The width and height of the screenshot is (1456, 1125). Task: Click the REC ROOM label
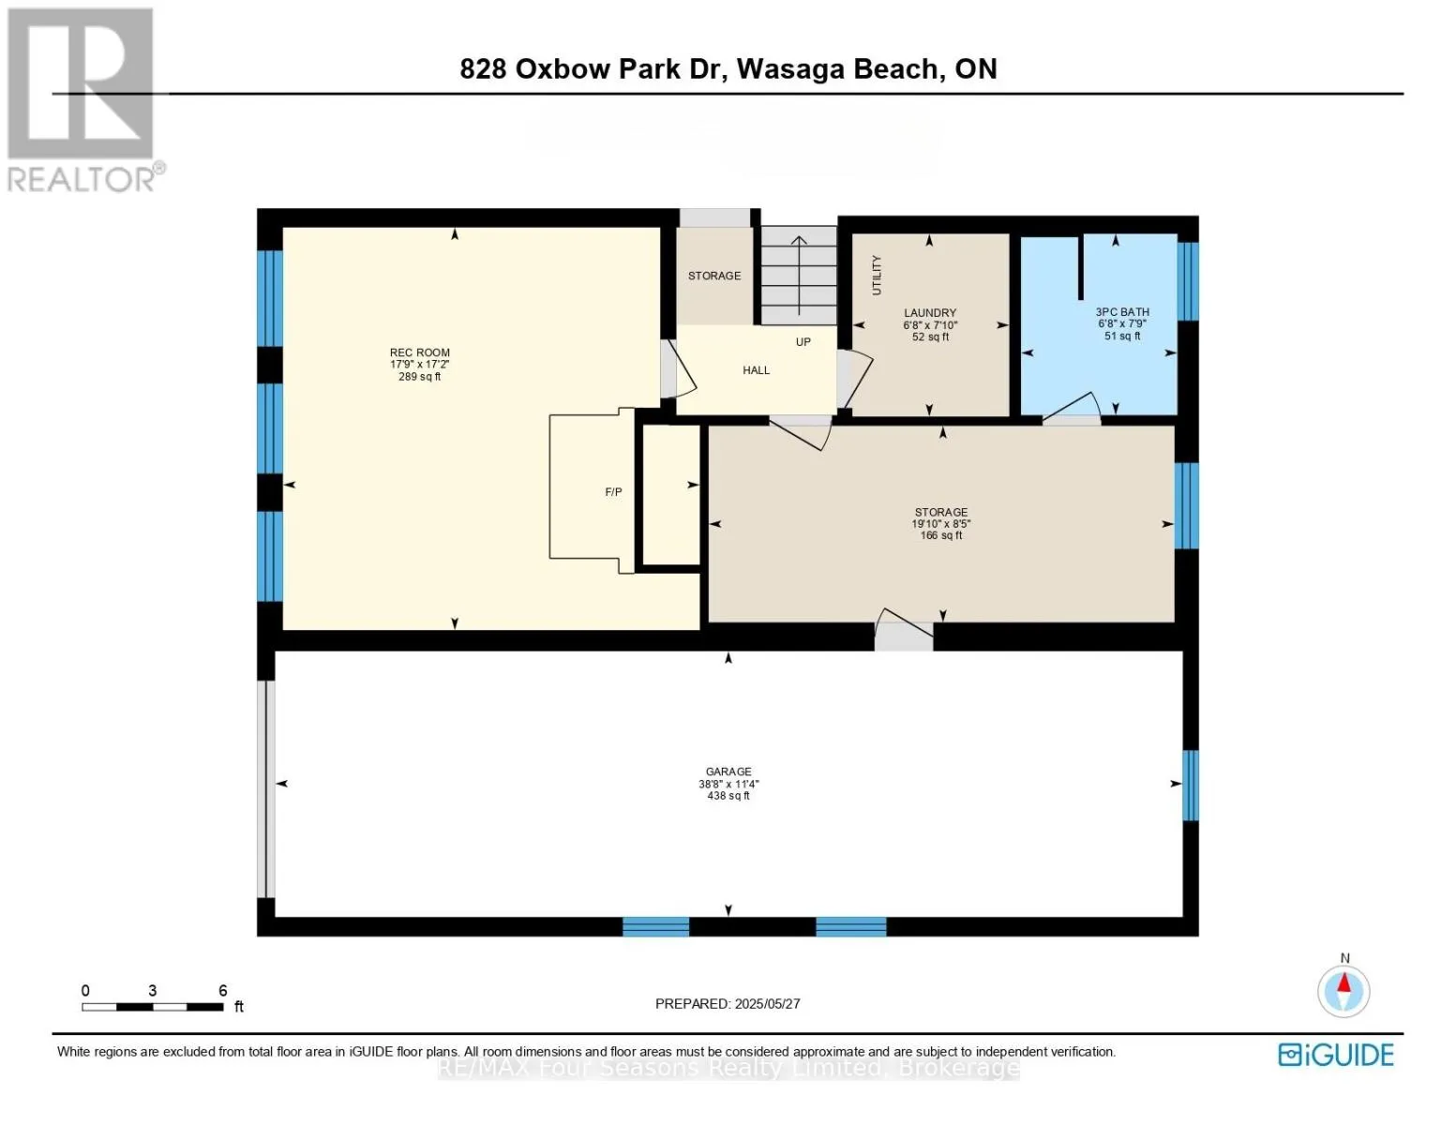pos(419,352)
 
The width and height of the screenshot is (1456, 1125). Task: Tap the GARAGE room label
pos(728,772)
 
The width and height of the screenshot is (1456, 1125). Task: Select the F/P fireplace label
pos(613,492)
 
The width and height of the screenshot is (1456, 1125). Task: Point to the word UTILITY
pos(877,276)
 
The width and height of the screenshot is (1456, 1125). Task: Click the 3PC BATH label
pos(1122,311)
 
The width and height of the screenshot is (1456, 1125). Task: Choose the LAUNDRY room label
pos(930,313)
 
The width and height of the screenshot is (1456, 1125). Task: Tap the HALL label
pos(756,370)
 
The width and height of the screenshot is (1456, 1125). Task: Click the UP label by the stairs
pos(803,342)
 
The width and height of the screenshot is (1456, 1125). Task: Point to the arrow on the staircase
pos(799,276)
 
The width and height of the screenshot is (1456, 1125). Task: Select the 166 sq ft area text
pos(941,535)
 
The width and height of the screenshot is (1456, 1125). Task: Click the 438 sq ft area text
pos(728,796)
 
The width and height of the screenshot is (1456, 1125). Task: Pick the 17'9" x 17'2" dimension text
pos(419,365)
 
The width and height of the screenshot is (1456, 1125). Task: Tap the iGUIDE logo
pos(1336,1055)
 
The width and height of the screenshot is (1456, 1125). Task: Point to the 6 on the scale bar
pos(223,990)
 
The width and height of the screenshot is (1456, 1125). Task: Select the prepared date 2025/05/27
pos(767,1004)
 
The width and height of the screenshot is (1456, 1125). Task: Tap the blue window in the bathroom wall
pos(1187,281)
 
